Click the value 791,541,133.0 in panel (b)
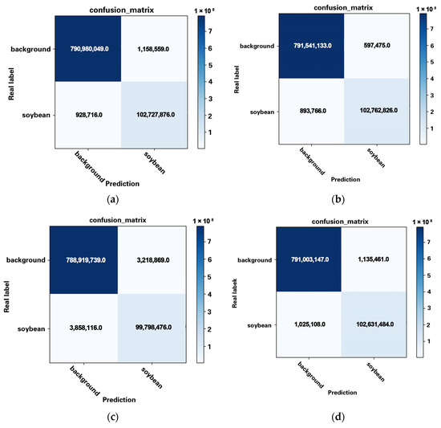pyautogui.click(x=312, y=45)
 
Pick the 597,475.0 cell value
pyautogui.click(x=374, y=45)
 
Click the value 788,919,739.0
pyautogui.click(x=83, y=260)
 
